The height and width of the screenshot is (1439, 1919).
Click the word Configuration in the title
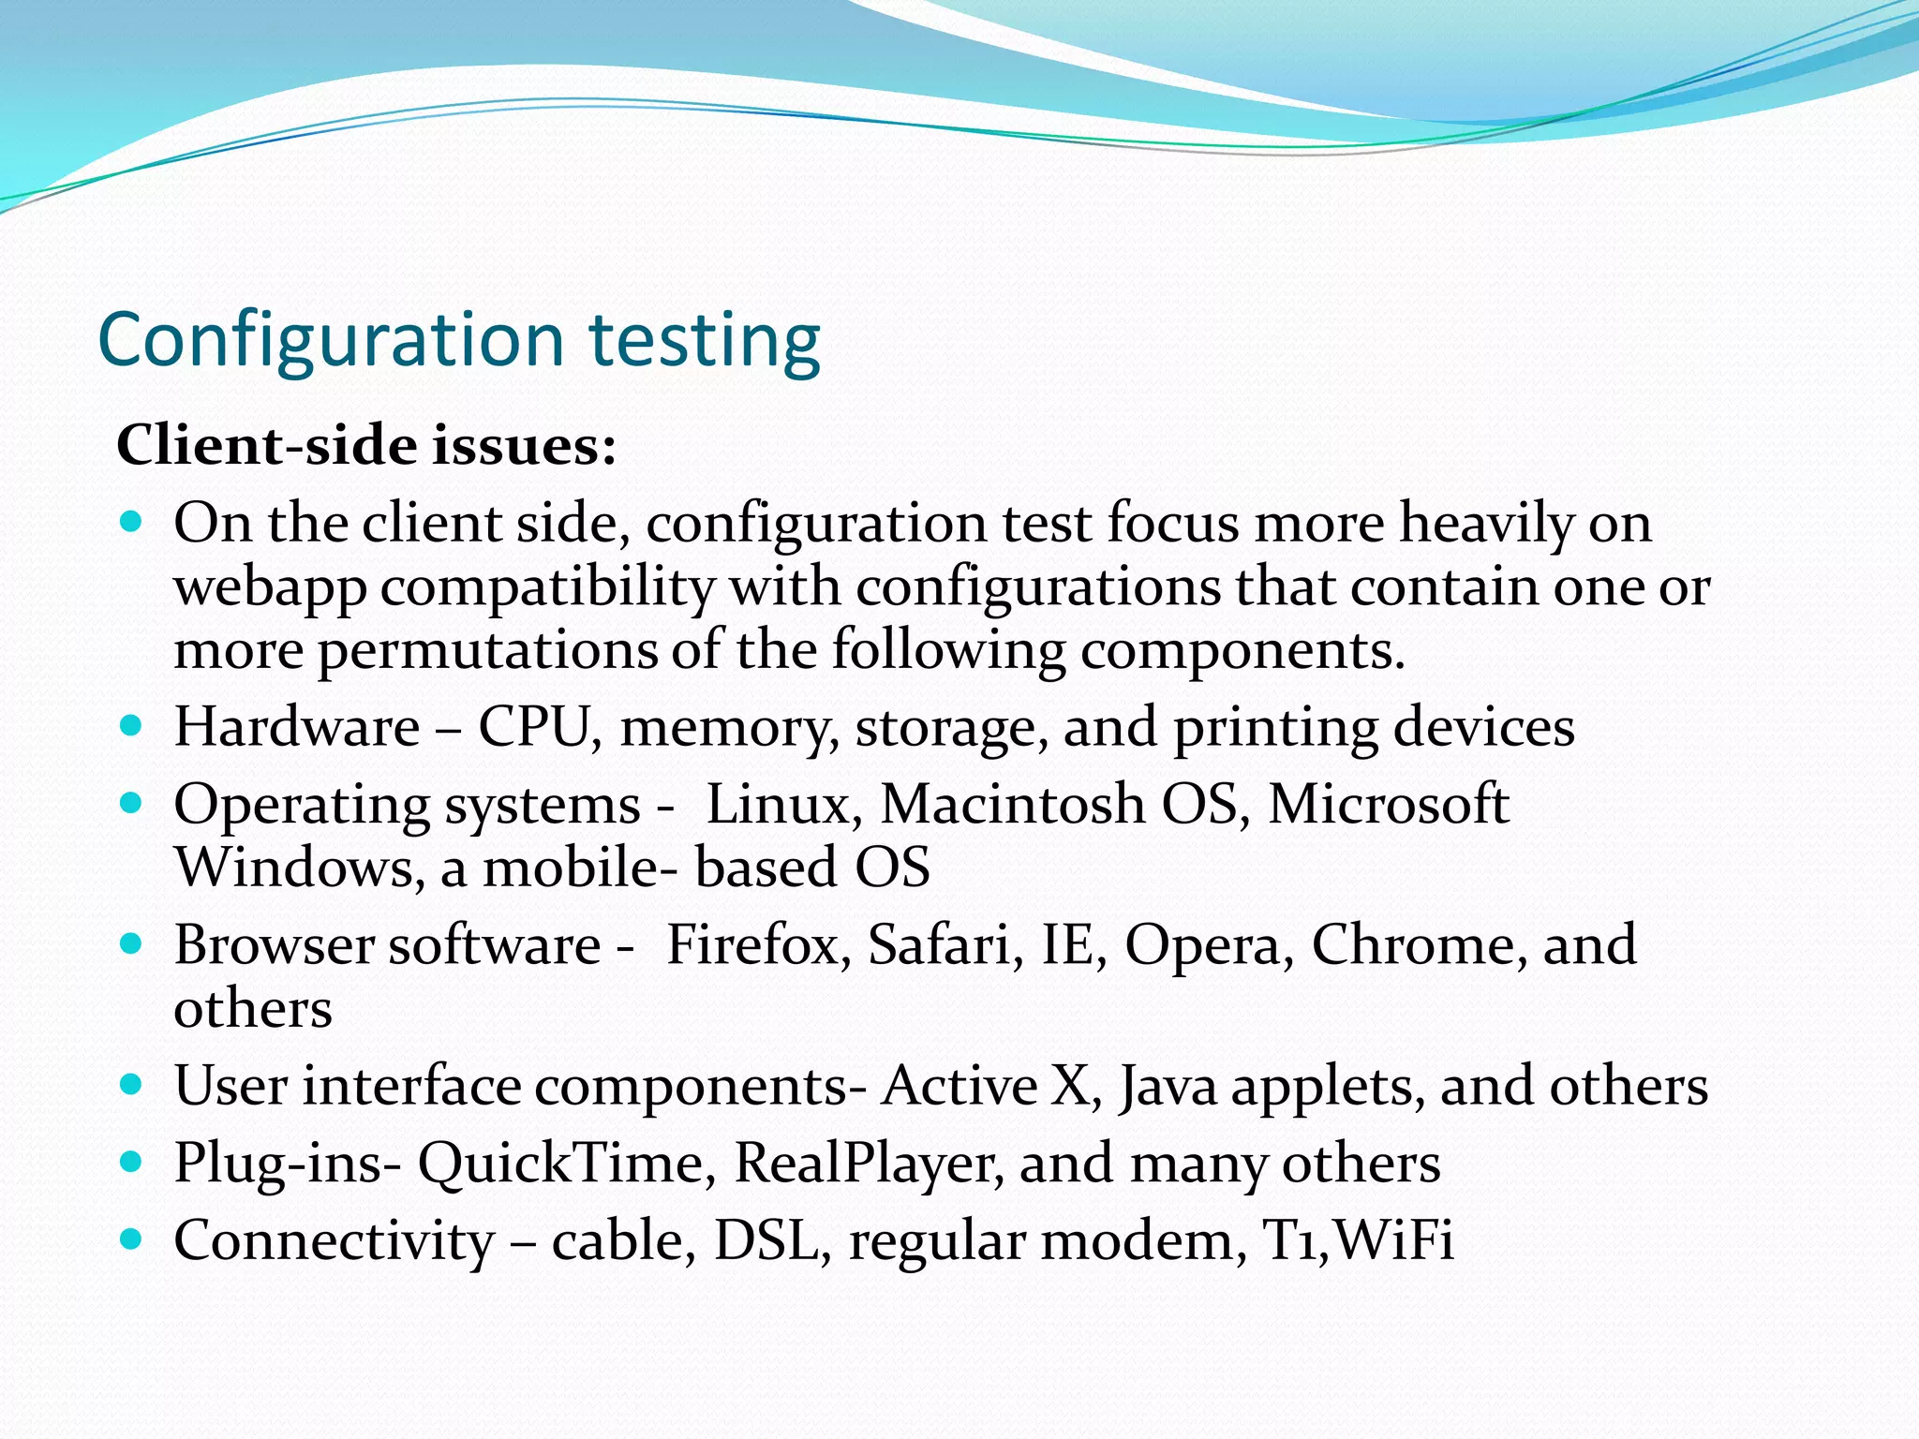click(331, 340)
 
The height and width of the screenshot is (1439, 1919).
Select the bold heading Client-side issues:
click(366, 445)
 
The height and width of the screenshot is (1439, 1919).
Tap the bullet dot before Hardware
click(132, 726)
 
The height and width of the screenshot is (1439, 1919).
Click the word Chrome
click(1419, 945)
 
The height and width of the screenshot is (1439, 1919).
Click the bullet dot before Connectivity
click(132, 1240)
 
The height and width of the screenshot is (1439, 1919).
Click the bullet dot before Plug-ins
click(132, 1163)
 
